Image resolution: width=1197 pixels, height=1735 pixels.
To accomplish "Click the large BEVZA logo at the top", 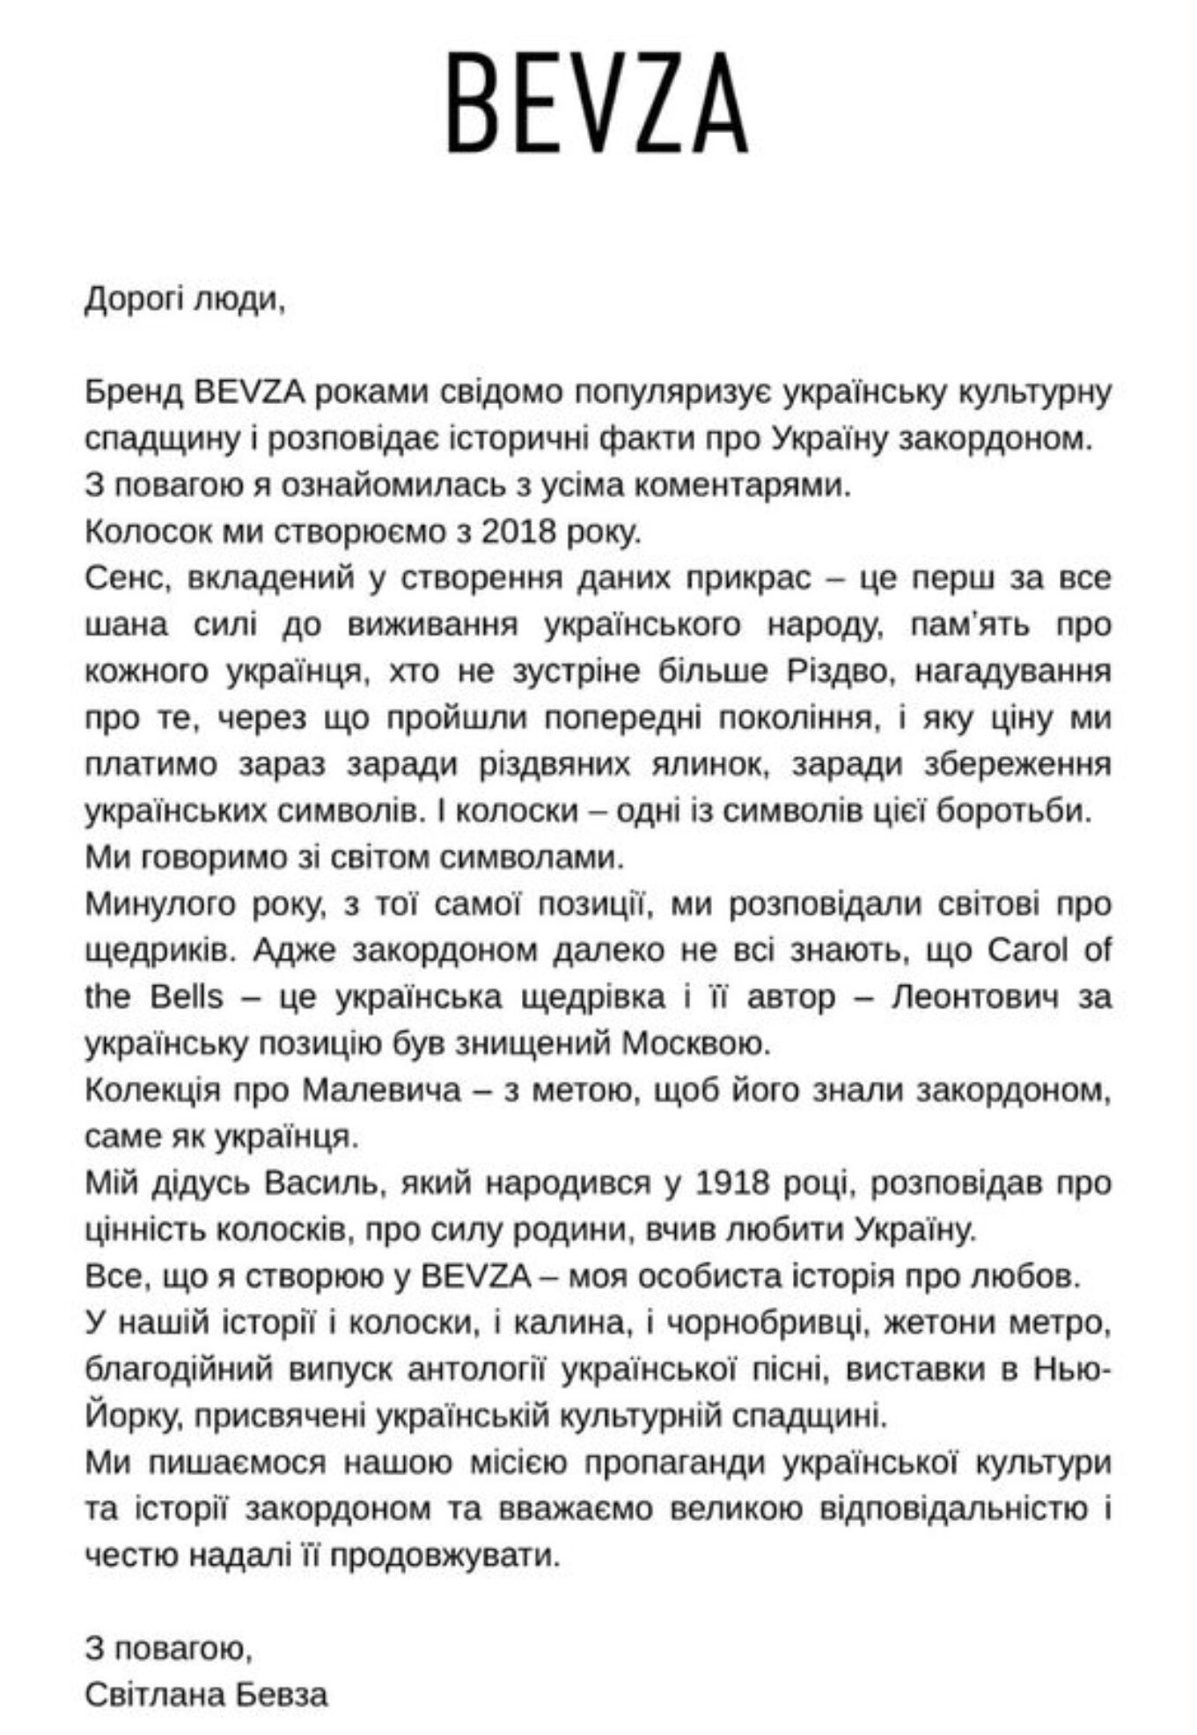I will coord(598,104).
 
